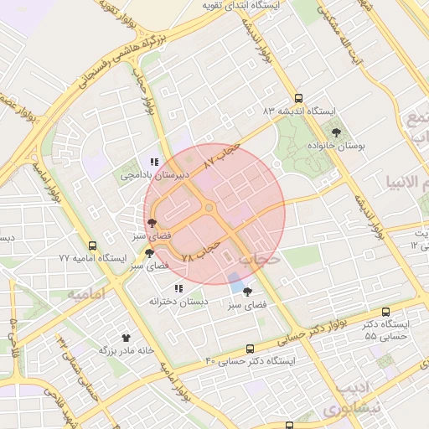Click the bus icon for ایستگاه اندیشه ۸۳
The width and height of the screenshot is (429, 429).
300,97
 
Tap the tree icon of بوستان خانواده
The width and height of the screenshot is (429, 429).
337,132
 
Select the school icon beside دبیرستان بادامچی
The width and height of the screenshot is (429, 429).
152,162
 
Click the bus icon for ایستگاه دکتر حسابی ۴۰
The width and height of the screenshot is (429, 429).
251,349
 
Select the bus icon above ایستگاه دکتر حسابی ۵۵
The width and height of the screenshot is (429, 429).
385,311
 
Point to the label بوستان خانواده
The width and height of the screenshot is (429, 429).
339,145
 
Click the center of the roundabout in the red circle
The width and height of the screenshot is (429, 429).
208,209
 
